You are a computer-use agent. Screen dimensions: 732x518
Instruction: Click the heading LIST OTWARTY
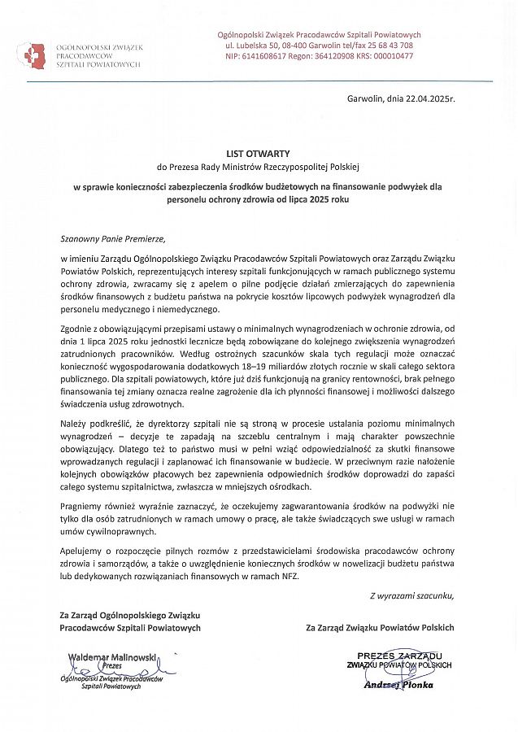(x=258, y=153)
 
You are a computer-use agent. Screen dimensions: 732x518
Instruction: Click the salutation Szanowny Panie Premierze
(x=112, y=239)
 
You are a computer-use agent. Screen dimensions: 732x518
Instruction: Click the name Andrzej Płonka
(x=398, y=685)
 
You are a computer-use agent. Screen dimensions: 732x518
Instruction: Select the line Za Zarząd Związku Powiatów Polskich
(x=380, y=627)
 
